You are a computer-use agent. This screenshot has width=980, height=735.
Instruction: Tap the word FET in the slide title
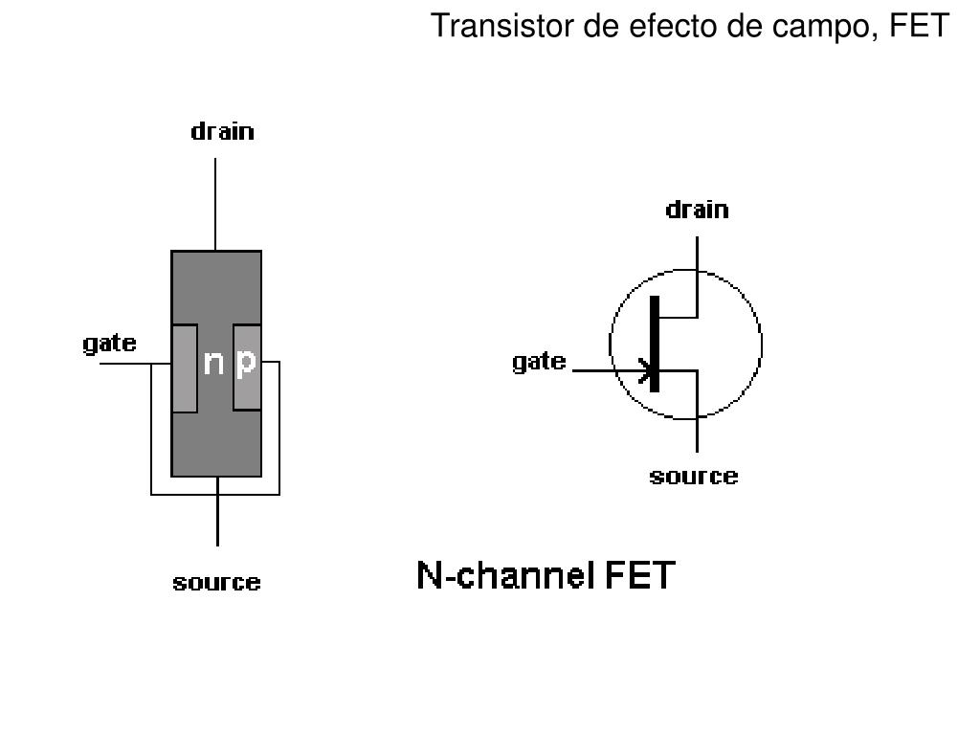pos(919,26)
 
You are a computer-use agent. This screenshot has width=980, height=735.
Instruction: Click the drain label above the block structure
pos(223,131)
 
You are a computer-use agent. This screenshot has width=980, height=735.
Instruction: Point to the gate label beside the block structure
pos(109,343)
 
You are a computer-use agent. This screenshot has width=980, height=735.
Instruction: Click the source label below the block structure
pos(216,582)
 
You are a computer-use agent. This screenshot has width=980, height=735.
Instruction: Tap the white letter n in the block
pos(214,363)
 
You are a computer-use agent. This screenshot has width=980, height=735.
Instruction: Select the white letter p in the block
pos(246,363)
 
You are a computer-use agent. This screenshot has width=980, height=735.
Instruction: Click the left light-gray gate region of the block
pos(184,368)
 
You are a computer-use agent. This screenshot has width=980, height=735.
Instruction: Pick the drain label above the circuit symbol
pos(697,210)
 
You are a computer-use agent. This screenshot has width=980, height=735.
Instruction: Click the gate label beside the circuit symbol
pos(539,362)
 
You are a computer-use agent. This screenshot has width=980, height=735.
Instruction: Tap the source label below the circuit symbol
pos(694,476)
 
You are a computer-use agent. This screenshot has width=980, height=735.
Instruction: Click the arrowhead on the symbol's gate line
pos(647,370)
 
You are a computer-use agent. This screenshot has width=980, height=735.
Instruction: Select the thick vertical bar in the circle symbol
pos(655,344)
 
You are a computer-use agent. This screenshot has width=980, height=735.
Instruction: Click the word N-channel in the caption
pos(503,576)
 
